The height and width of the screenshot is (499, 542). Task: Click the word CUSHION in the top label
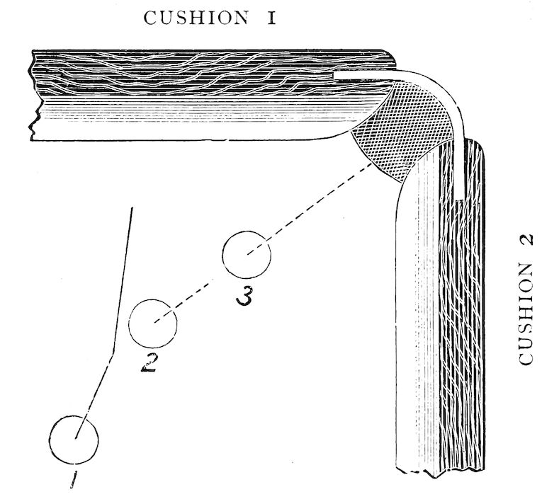tap(195, 18)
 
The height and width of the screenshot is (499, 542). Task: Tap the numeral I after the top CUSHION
tap(271, 18)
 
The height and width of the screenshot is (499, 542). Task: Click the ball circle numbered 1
tap(74, 440)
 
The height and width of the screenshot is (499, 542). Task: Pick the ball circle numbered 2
tap(152, 323)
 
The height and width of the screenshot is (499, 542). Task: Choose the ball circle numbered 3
tap(247, 255)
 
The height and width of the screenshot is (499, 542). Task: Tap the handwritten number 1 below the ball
tap(74, 481)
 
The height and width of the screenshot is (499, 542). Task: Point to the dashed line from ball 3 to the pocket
tap(312, 208)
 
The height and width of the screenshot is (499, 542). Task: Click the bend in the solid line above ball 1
tap(111, 358)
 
